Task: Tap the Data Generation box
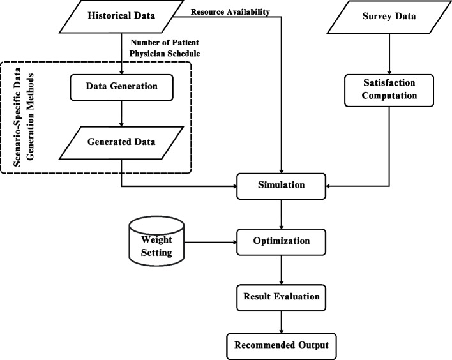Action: [121, 85]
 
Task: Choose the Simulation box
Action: [282, 185]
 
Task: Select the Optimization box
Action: [282, 242]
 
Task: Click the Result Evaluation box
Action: [282, 297]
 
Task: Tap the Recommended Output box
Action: [282, 345]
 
